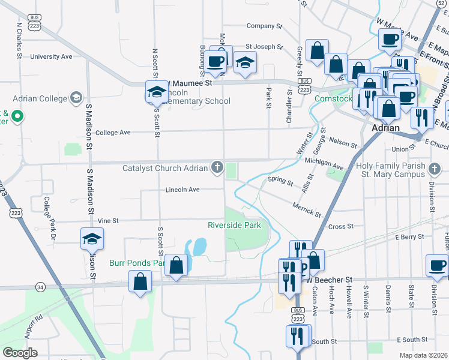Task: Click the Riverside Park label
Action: [x=234, y=226]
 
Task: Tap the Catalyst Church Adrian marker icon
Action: [x=217, y=167]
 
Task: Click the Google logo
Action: [x=20, y=352]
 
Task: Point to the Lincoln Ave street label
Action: [x=182, y=190]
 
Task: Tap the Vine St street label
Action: [x=109, y=221]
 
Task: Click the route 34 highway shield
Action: [x=40, y=287]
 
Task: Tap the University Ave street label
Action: [x=51, y=57]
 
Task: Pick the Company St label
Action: [x=264, y=26]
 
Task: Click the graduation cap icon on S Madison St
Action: [x=92, y=239]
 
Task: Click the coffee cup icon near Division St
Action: [x=436, y=265]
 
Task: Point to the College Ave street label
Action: [x=113, y=133]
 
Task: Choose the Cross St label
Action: [x=340, y=226]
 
